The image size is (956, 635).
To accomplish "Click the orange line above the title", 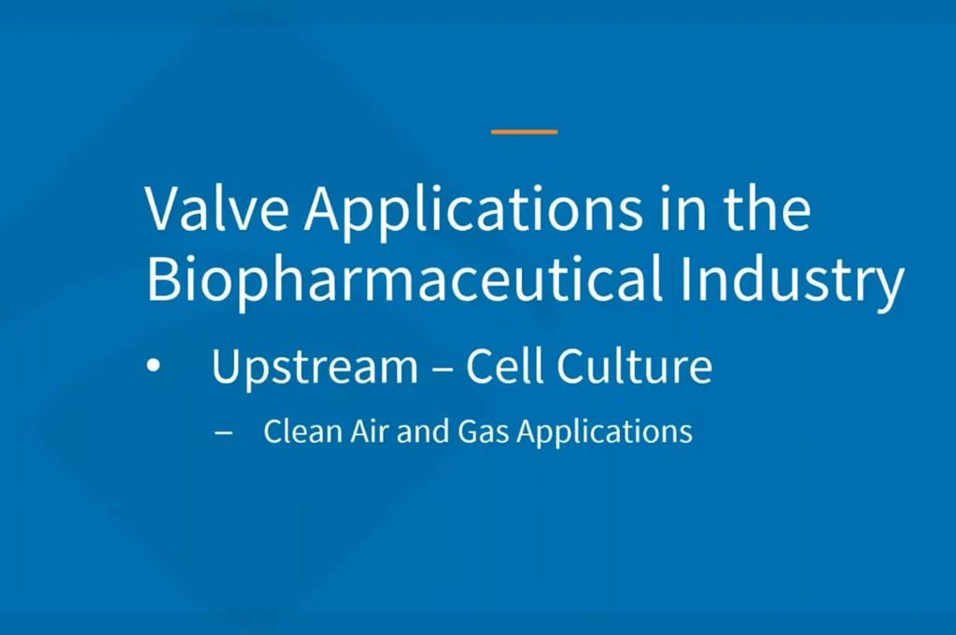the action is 525,131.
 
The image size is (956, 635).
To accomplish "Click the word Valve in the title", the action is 217,208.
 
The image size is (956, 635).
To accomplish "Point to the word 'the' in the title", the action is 767,207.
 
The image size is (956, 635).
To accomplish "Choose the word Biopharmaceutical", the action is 404,282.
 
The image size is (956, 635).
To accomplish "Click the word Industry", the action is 793,282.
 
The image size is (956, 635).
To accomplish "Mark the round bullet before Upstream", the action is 154,365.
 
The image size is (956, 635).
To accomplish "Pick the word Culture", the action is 634,365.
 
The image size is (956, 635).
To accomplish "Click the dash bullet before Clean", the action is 224,433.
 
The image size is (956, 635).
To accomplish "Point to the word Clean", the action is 303,431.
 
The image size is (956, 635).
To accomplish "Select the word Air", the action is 369,431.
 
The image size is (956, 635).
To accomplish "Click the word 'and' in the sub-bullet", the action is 423,431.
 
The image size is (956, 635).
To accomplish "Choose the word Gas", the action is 483,431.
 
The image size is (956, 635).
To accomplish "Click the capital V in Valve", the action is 163,209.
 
